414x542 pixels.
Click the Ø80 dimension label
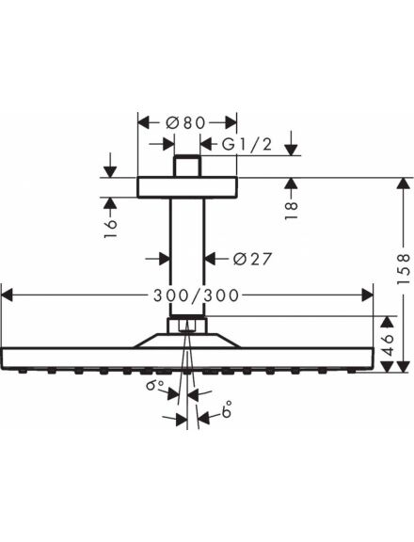(x=185, y=122)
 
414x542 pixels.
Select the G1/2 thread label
(x=247, y=144)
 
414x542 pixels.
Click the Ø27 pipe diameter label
(x=252, y=258)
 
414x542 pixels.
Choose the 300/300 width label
(x=196, y=295)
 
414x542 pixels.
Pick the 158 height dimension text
(x=403, y=269)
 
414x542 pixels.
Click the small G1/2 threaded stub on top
(x=187, y=167)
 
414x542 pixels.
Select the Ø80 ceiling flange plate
(x=187, y=187)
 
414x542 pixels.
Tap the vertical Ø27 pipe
(x=187, y=257)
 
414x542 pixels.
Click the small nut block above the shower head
(x=187, y=326)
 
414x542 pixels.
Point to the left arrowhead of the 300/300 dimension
(x=7, y=295)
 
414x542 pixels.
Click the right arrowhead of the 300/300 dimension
(x=368, y=295)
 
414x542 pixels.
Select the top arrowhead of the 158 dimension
(x=403, y=183)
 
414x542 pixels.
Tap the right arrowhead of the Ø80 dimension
(x=231, y=122)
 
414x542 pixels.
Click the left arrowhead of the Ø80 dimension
(x=143, y=122)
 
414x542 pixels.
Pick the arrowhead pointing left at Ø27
(x=212, y=258)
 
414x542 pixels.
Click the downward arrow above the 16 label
(x=110, y=166)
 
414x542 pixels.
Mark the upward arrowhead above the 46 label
(x=388, y=322)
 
